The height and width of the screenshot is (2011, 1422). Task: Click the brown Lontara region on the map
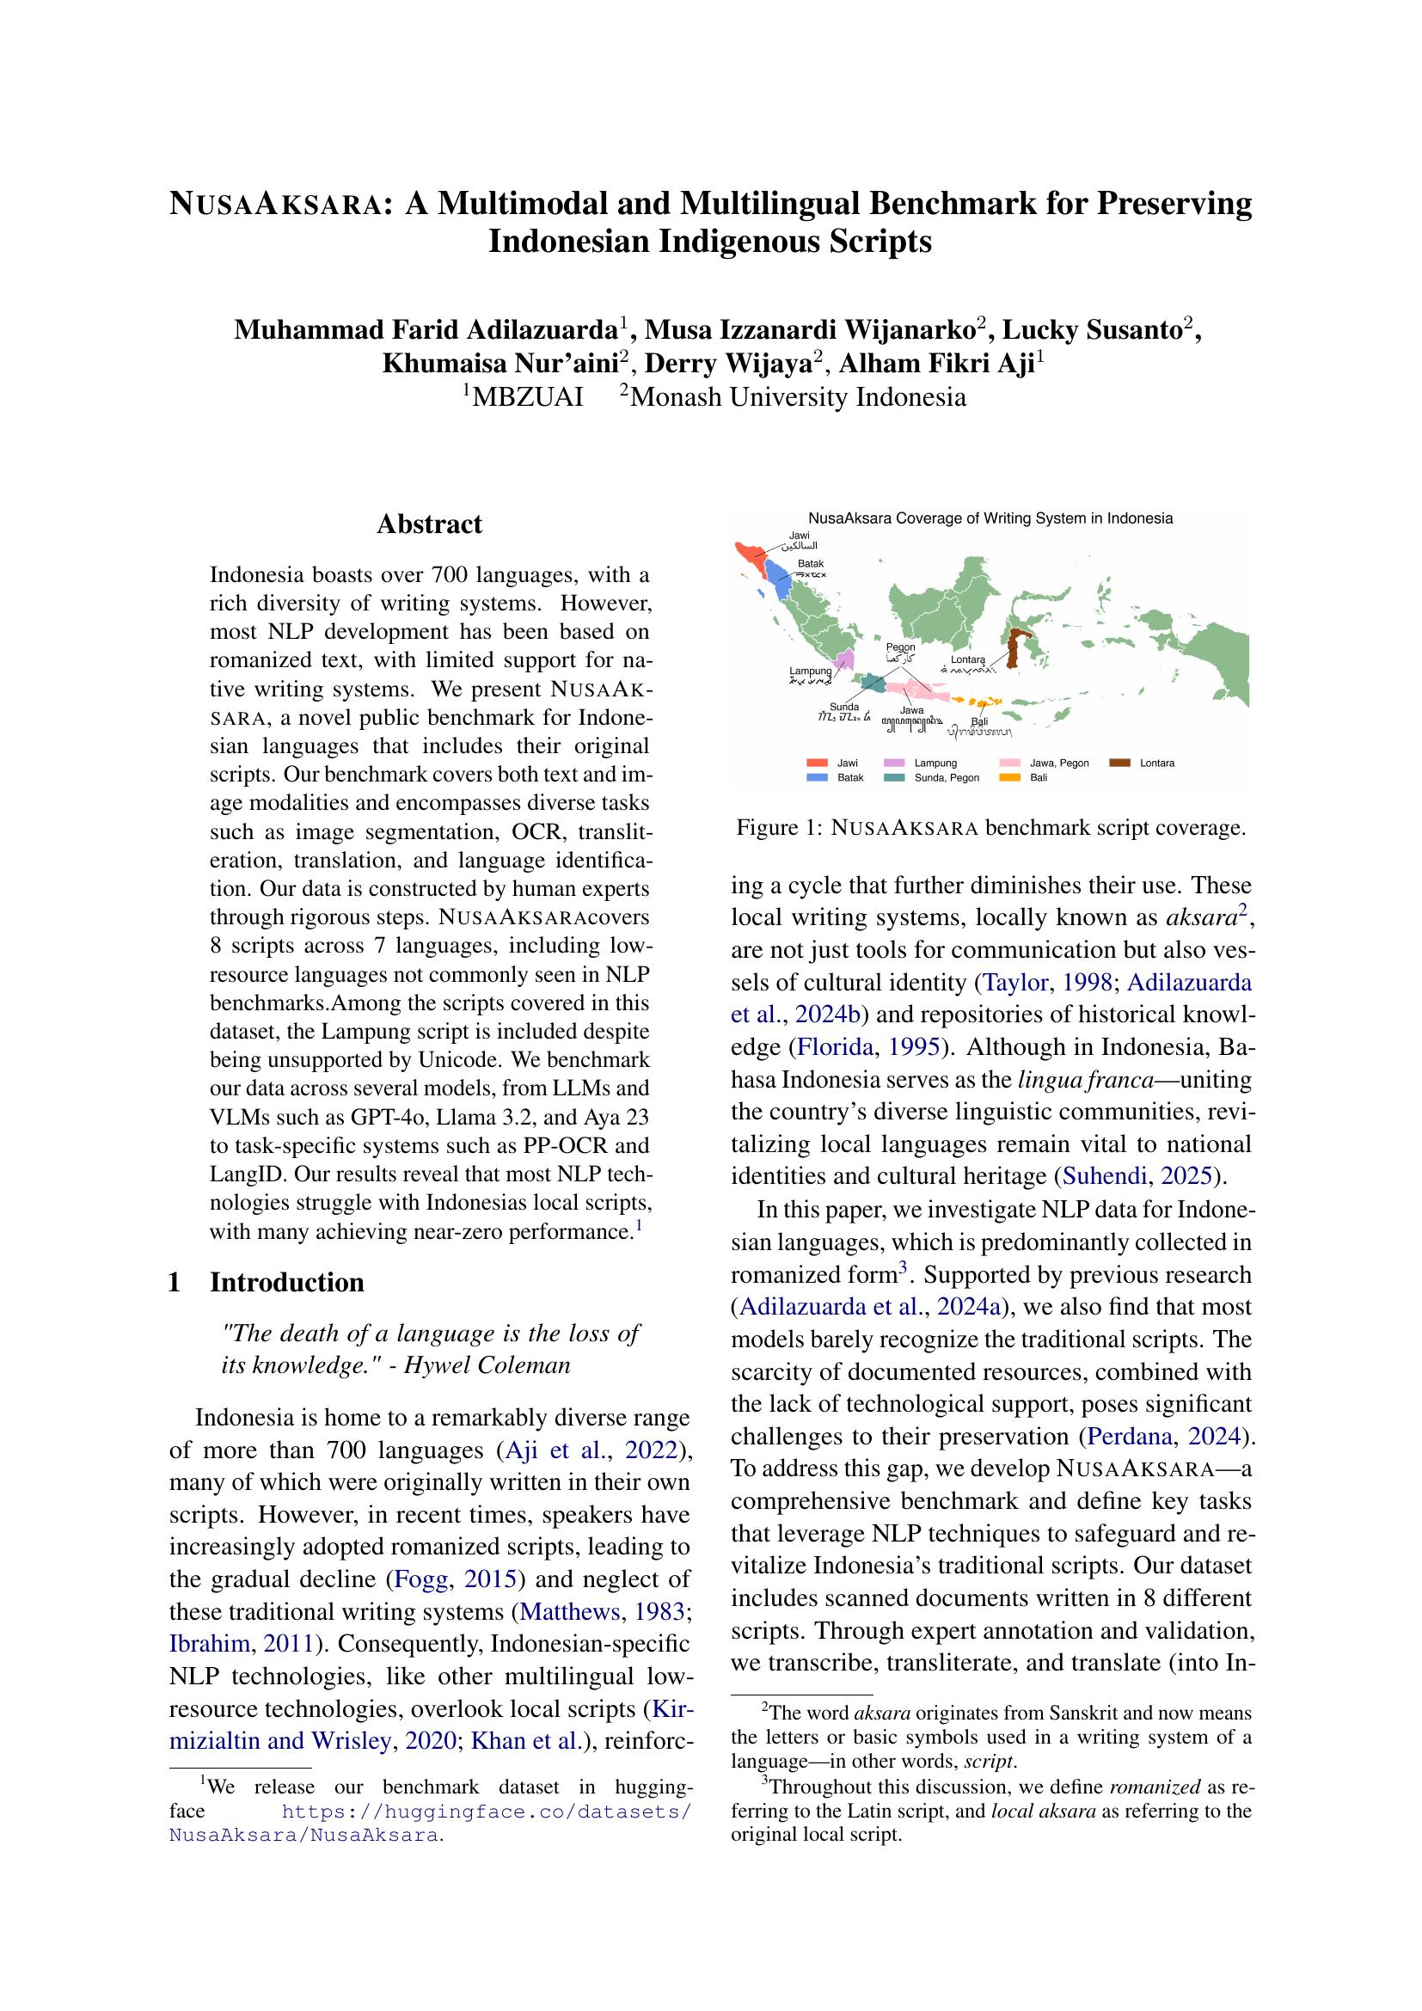(1014, 648)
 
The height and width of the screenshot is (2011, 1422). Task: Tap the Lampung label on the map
(810, 671)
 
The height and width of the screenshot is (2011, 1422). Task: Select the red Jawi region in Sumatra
(749, 551)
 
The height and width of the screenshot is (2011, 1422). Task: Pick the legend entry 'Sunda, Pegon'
(947, 778)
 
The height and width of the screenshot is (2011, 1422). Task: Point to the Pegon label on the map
(901, 647)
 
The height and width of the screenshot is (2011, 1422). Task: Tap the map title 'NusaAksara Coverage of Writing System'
(990, 518)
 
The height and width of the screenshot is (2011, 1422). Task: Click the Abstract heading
(429, 524)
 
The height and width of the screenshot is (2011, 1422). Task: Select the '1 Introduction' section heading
(286, 1282)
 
